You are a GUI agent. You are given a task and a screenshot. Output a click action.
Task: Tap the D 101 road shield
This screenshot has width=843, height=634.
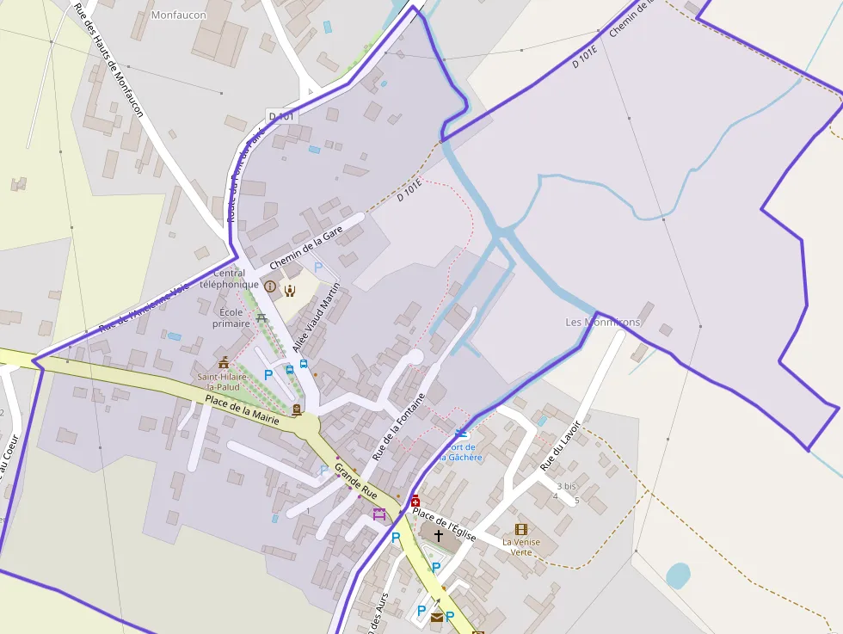click(x=281, y=116)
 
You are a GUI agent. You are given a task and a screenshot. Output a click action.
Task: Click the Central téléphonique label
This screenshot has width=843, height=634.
click(x=229, y=279)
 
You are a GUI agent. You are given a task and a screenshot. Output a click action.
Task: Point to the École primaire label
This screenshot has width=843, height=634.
click(x=231, y=317)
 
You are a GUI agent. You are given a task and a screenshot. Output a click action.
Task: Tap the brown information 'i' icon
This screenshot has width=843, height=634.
click(x=270, y=286)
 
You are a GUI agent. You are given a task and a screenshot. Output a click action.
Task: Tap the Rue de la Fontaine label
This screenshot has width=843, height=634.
click(x=398, y=427)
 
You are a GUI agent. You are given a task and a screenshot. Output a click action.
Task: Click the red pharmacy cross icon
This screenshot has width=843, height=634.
click(x=415, y=501)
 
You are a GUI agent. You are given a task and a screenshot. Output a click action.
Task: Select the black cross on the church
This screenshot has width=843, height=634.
click(x=439, y=535)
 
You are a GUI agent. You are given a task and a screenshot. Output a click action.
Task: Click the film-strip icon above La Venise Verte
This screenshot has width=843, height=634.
click(x=520, y=529)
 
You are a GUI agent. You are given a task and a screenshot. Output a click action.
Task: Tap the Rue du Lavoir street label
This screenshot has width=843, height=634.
click(x=560, y=446)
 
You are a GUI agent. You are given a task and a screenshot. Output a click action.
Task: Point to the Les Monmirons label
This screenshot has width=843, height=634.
click(x=602, y=322)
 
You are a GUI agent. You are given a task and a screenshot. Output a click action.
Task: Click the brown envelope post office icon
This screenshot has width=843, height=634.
click(x=437, y=617)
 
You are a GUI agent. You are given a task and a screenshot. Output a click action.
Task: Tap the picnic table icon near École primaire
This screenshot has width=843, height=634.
click(x=262, y=318)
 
